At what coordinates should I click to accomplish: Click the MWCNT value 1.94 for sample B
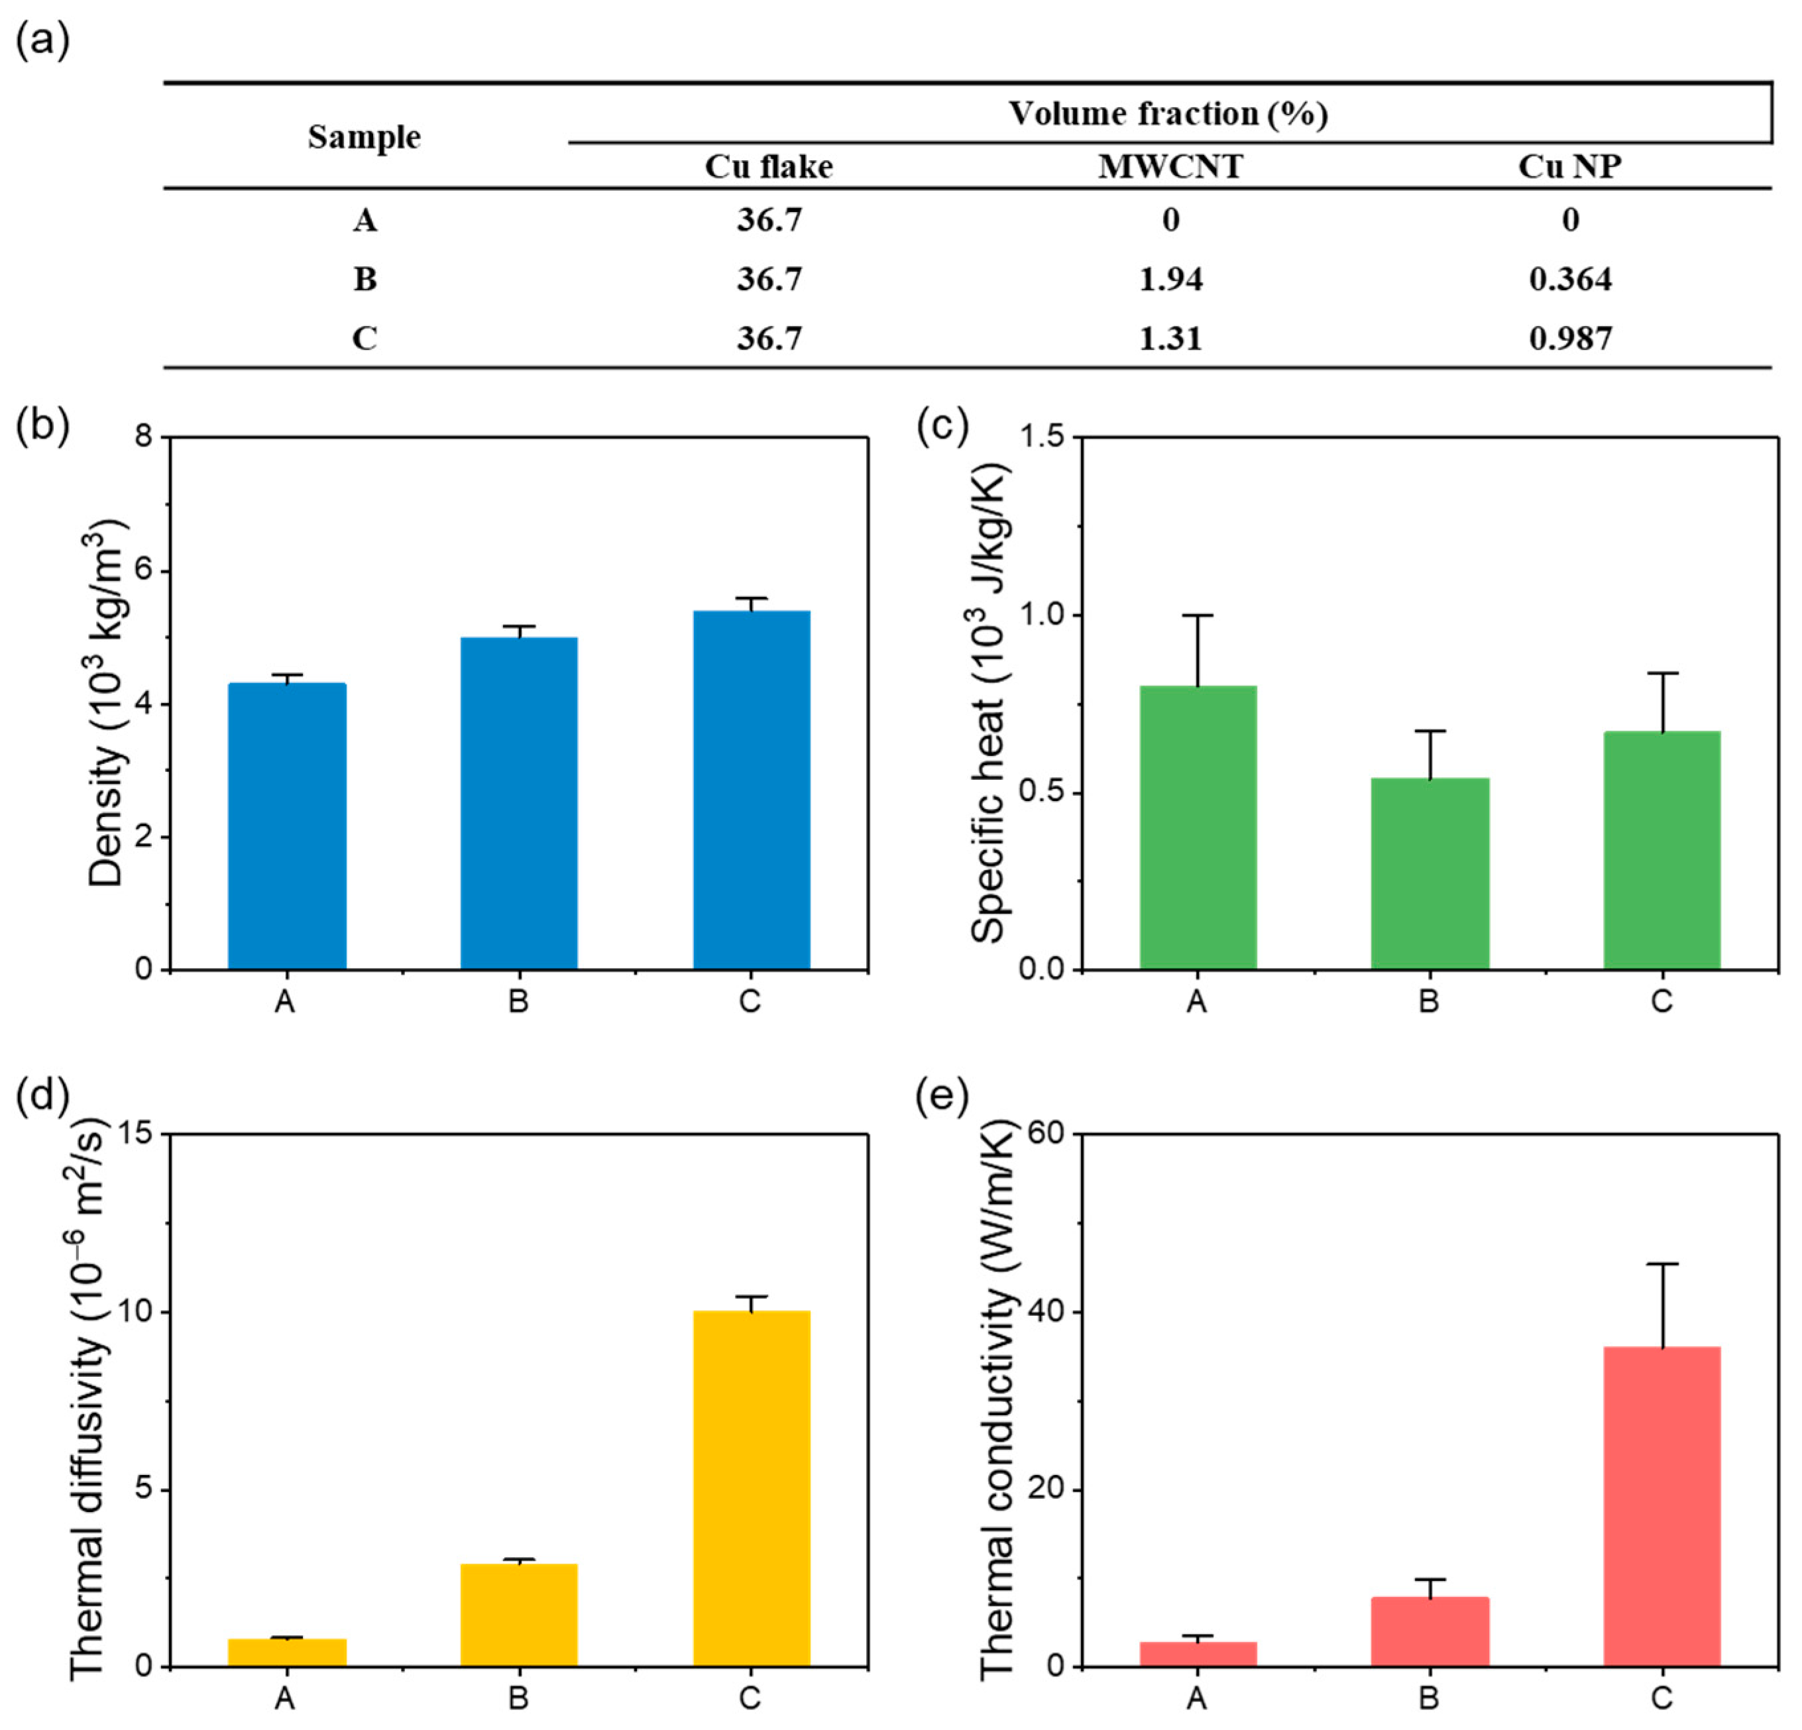1170,278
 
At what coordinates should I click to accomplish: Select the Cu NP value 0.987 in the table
1570,339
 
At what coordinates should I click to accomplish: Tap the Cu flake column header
769,166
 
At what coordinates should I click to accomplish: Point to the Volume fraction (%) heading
1168,113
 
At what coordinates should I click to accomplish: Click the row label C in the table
365,339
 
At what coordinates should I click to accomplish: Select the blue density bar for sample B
518,802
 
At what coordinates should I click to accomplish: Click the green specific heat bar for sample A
1198,828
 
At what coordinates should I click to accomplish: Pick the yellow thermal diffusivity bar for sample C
751,1488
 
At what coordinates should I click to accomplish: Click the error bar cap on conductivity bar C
1662,1264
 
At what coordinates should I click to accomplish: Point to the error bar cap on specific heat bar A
1198,615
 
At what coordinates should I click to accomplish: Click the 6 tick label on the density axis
144,571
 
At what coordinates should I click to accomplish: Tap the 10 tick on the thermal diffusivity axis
138,1312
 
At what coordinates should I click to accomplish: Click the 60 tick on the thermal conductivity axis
1046,1134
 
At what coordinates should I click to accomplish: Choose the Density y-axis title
107,702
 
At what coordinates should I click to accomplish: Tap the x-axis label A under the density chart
285,1001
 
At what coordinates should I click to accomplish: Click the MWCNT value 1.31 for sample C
1170,339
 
